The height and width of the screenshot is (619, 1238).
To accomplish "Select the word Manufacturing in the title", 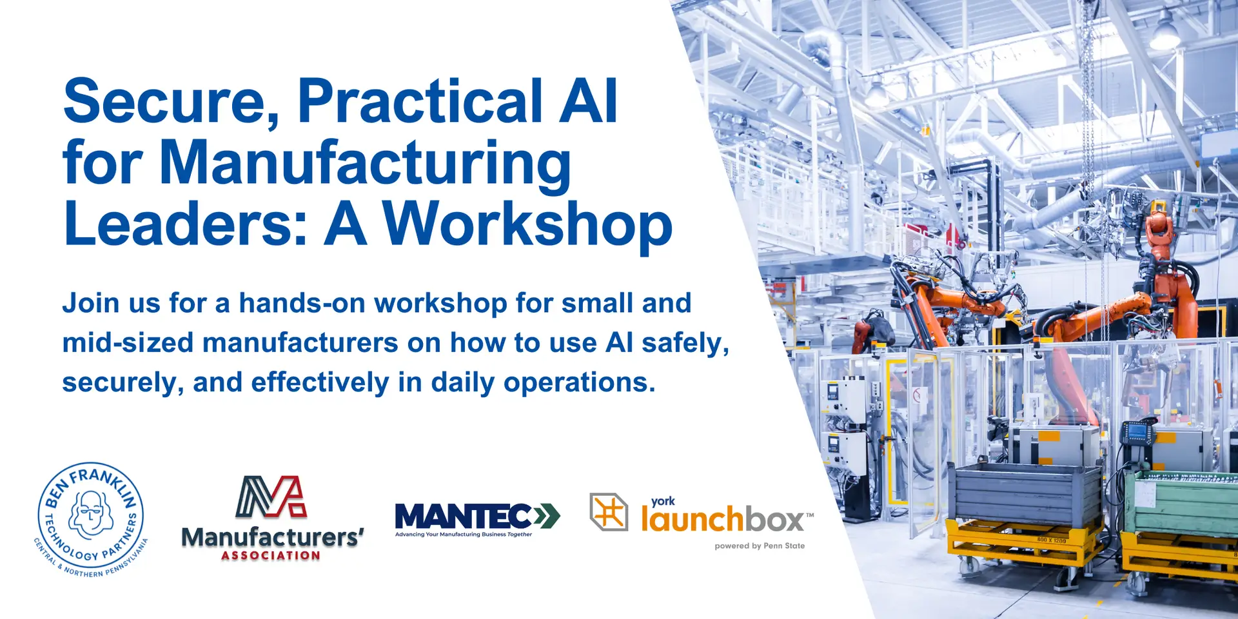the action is point(365,164).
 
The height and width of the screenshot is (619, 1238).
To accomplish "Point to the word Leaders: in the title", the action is point(186,223).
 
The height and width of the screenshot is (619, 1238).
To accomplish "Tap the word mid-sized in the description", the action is point(128,343).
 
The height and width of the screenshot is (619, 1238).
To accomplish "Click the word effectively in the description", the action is point(320,383).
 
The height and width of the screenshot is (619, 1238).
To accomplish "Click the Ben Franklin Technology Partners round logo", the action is point(91,519).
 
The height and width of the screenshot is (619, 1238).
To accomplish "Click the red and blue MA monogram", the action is point(271,497).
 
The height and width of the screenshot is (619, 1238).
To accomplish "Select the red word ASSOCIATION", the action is point(271,555).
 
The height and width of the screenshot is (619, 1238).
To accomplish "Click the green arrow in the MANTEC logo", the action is point(547,516).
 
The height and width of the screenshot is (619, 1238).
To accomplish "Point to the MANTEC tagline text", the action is point(464,535).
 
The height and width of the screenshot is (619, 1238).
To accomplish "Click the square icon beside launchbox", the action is point(609,512).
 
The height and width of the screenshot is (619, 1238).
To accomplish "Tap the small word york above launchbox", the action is point(663,502).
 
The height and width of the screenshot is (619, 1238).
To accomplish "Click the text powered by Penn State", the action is point(760,545).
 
